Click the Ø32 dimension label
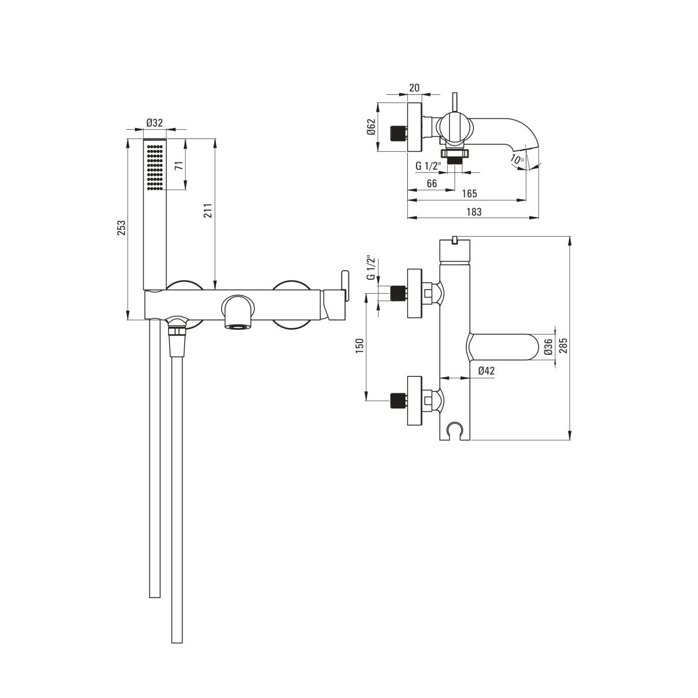coord(155,123)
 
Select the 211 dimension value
coord(208,210)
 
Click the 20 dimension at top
coord(414,87)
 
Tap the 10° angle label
coord(518,159)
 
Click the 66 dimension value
coord(432,183)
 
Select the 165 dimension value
coord(469,194)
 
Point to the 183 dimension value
coord(474,212)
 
